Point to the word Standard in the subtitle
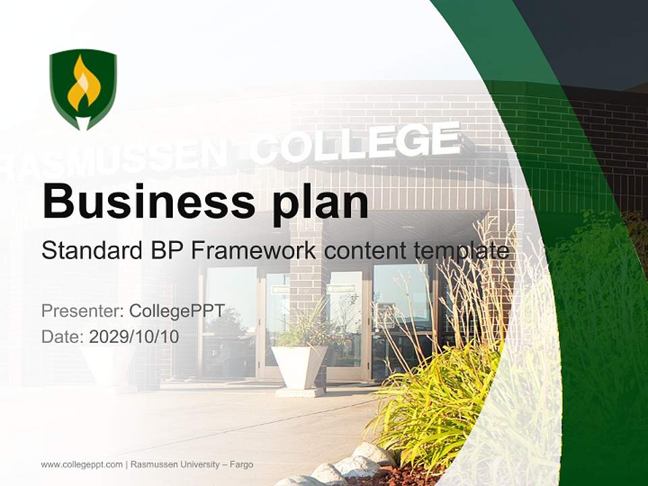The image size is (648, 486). [x=90, y=251]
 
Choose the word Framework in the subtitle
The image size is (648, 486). [x=253, y=251]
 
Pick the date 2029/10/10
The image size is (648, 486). [x=134, y=336]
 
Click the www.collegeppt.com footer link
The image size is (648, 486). [x=82, y=464]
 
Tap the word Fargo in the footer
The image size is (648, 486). [x=242, y=464]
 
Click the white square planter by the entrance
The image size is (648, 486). [x=298, y=367]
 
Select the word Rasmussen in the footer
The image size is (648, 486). [x=153, y=464]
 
